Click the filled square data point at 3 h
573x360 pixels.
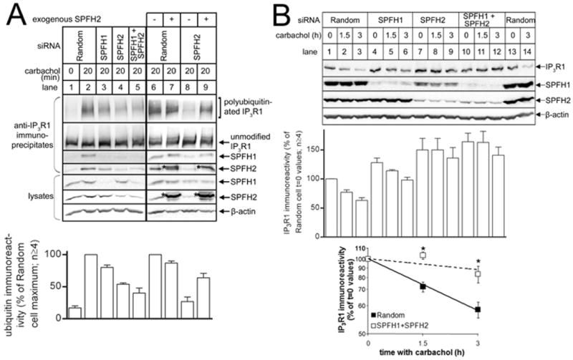477,309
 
